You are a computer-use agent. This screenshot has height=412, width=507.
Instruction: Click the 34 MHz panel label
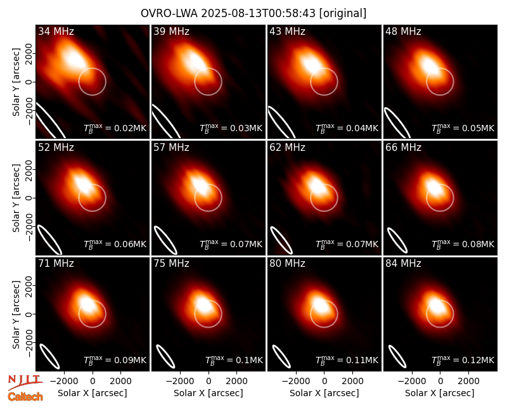56,31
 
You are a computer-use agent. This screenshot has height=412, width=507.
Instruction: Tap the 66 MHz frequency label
403,148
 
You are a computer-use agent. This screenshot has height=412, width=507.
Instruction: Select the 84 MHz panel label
403,264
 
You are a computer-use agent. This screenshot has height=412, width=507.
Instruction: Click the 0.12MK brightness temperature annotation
463,359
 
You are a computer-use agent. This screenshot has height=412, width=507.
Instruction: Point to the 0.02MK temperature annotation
115,128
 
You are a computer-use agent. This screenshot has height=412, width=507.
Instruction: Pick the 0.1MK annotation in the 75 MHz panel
234,359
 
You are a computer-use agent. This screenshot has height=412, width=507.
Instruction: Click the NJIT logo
25,382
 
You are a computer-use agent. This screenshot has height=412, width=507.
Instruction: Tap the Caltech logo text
25,397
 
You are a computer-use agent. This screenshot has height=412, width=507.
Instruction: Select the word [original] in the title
343,13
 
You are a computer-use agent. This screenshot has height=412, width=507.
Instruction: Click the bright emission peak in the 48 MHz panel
430,65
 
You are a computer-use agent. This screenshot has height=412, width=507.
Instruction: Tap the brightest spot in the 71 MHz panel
87,304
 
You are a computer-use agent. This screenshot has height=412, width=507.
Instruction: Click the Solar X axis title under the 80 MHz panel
324,393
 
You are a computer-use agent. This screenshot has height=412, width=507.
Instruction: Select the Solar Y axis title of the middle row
16,198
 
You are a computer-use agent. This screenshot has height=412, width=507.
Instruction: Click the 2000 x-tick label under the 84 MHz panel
468,381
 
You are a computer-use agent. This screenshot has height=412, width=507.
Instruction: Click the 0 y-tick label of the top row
29,82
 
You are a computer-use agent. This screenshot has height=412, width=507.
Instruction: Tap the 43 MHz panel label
288,31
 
